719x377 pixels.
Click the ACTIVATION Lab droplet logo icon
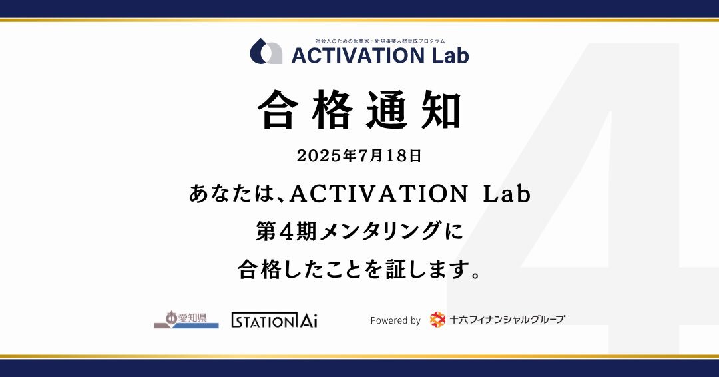point(266,51)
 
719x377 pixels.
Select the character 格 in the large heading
point(332,110)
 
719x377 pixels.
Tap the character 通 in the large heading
point(386,110)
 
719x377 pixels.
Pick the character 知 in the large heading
point(441,110)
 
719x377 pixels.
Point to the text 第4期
point(286,231)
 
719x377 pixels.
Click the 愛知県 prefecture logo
point(186,320)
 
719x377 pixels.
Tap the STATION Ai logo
point(274,320)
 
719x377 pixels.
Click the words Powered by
point(395,320)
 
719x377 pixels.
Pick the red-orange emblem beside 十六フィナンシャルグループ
point(438,320)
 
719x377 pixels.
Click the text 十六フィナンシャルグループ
point(507,320)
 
